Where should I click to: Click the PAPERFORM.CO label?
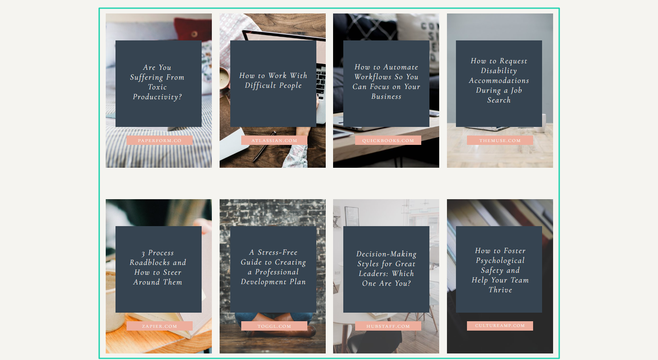pos(160,140)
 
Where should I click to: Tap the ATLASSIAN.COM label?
pos(274,140)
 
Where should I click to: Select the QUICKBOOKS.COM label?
pos(388,140)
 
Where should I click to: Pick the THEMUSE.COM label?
pos(500,140)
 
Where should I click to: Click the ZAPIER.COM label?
pos(160,326)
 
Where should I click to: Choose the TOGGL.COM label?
pos(274,326)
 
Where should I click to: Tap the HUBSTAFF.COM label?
pos(388,326)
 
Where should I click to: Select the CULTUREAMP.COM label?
pos(500,326)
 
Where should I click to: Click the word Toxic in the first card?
pos(158,87)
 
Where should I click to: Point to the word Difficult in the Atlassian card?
pos(260,85)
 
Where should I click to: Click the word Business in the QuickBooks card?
pos(386,97)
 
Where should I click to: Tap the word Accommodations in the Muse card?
pos(499,80)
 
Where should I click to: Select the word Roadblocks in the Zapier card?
pos(150,262)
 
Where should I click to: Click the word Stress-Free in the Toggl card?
pos(278,253)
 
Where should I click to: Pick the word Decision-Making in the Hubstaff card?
pos(386,254)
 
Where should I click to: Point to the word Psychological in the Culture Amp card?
pos(500,261)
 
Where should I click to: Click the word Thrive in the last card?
pos(500,290)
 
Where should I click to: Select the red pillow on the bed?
pos(192,30)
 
